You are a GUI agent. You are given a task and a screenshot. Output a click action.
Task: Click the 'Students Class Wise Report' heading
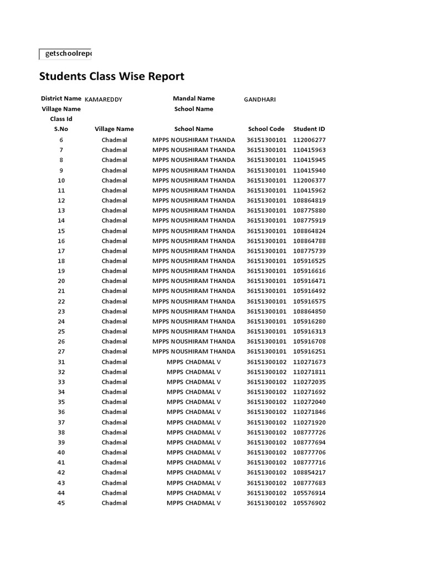point(111,76)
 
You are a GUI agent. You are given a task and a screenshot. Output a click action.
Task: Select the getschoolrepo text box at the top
point(65,54)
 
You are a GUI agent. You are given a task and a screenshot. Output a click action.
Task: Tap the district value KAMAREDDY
point(103,99)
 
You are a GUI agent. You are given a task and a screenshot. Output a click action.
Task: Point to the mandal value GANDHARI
point(260,99)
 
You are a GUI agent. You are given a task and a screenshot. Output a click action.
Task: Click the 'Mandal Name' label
point(194,98)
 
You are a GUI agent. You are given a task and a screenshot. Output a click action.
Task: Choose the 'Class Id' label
point(61,119)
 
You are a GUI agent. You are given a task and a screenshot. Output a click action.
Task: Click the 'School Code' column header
point(266,129)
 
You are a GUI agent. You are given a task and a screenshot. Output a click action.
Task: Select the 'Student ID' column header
point(309,129)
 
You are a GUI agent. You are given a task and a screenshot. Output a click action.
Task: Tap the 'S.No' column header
point(61,129)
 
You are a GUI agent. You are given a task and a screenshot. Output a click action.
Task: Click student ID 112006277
point(309,140)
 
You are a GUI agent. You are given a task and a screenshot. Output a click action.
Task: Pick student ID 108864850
point(309,311)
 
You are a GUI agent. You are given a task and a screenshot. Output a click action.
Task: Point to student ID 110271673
point(309,362)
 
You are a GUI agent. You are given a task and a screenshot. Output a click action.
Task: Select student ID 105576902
point(309,503)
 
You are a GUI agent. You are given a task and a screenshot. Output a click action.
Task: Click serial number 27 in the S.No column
point(61,352)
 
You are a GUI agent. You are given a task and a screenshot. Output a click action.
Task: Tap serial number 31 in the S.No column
point(61,362)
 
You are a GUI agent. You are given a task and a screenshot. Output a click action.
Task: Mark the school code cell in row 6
point(266,140)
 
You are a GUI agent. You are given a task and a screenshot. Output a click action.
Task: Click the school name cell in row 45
point(194,503)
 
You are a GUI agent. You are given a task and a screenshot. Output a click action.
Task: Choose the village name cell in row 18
point(114,261)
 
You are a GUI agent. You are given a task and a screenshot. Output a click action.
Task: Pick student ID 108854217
point(309,473)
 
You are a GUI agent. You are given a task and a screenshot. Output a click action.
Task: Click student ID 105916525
point(309,261)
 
